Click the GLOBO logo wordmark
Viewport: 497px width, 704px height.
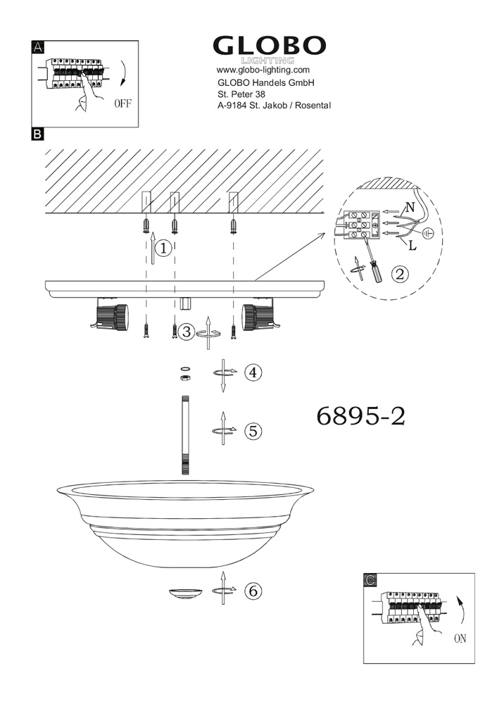269,46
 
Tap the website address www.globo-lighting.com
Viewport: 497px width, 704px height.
263,70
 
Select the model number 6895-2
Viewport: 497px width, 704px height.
361,416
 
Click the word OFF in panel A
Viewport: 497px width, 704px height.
122,103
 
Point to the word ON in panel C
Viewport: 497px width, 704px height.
460,639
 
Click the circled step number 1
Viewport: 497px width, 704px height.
163,249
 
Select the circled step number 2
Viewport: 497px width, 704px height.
400,273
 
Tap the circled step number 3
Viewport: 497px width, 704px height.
187,332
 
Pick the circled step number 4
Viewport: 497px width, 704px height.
253,372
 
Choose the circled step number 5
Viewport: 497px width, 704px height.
253,431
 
